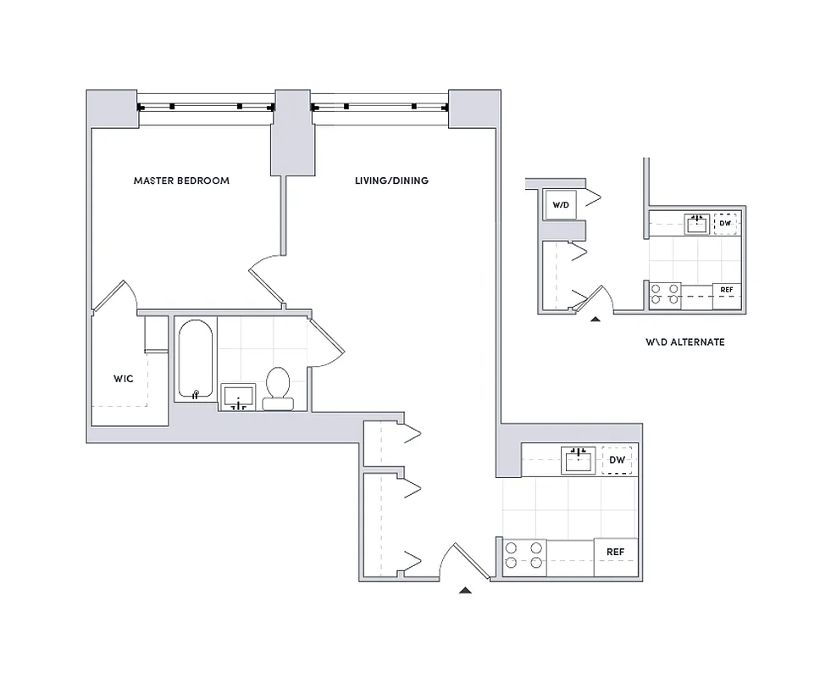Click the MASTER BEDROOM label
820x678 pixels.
[181, 181]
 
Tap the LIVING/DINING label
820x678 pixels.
[391, 181]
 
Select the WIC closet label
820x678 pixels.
[123, 378]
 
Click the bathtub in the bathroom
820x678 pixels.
[196, 360]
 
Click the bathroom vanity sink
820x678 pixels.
[240, 396]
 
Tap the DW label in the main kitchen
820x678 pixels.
[617, 460]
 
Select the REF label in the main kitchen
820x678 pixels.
[616, 552]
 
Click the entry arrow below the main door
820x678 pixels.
[464, 590]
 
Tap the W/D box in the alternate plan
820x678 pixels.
[560, 205]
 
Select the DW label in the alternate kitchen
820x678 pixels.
[725, 224]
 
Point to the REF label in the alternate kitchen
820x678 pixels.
[725, 290]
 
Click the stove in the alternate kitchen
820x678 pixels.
[664, 293]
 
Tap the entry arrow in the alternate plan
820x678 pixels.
[595, 320]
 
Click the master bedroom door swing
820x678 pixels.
[265, 275]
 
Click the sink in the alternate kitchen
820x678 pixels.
[697, 224]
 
